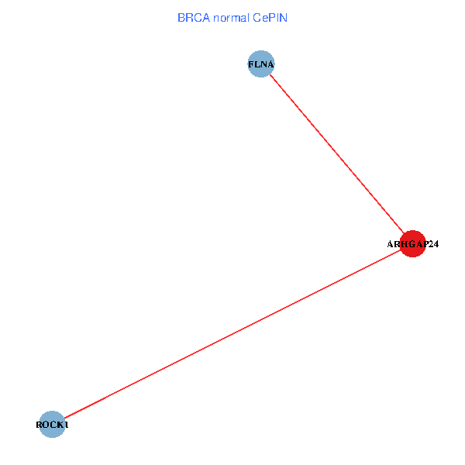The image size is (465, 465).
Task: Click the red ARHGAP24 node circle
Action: tap(413, 243)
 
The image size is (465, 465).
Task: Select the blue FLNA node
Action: tap(261, 64)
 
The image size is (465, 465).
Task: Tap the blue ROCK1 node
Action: tap(52, 424)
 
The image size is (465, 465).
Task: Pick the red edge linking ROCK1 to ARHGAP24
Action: tap(232, 334)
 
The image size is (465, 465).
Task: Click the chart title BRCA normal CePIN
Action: tap(232, 17)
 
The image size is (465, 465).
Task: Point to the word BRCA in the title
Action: tap(193, 17)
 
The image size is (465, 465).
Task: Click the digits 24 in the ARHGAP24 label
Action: tap(433, 244)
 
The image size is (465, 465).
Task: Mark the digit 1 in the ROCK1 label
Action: tap(67, 425)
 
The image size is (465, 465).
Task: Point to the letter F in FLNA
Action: tap(250, 64)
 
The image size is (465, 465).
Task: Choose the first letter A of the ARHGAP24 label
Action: tap(391, 244)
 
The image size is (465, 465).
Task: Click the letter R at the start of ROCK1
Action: tap(40, 425)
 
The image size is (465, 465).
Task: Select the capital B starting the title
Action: tap(181, 17)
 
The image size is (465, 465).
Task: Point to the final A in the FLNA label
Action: tap(270, 64)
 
